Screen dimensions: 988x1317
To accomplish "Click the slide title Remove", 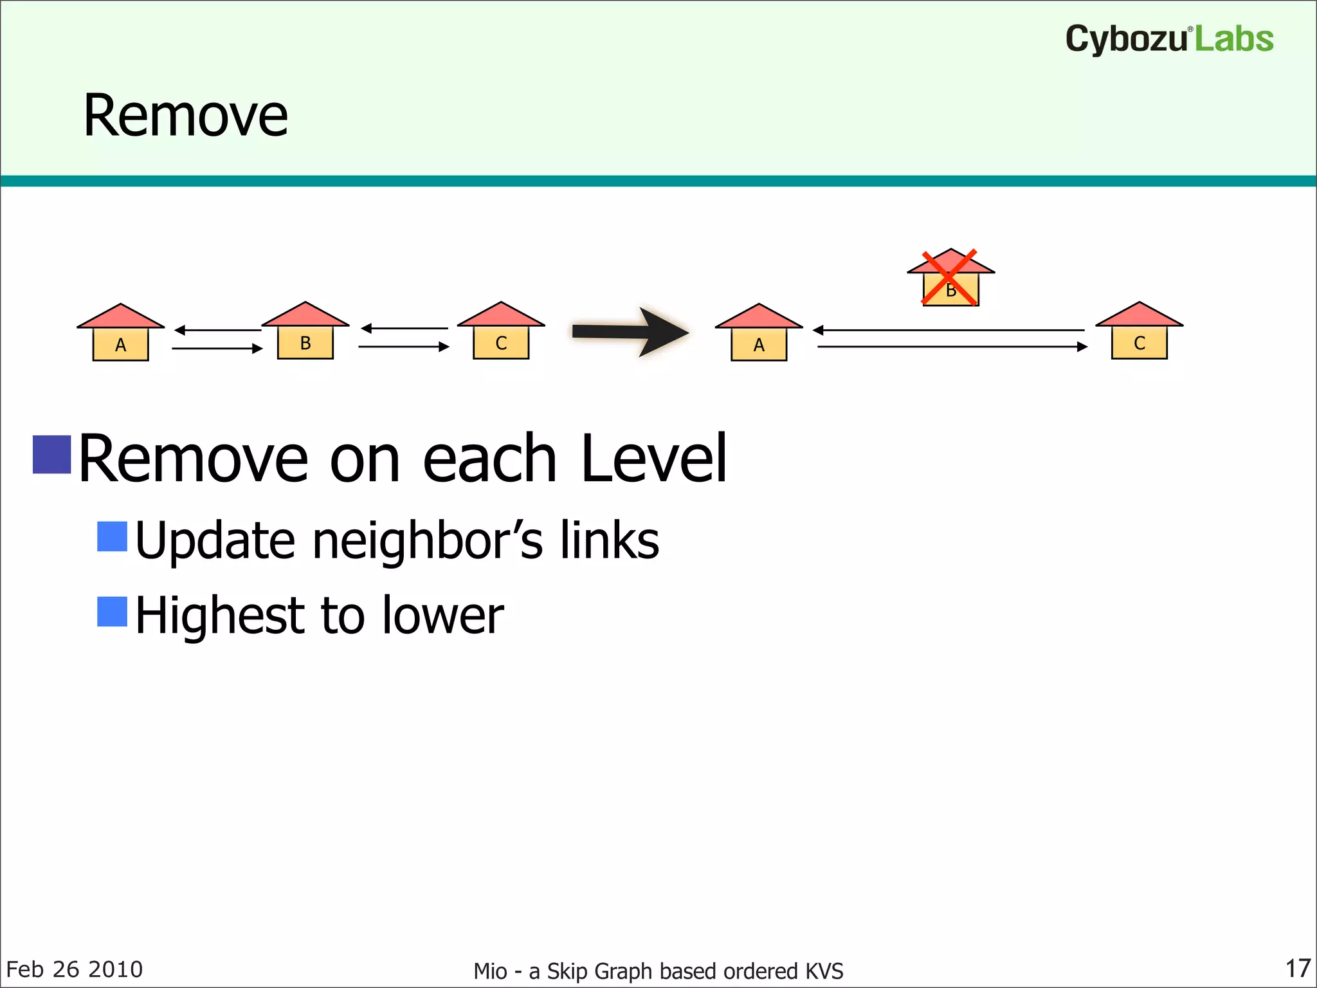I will pos(185,116).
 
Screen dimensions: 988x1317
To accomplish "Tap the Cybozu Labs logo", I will pos(1169,39).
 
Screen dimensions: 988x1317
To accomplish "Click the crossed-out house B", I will pos(950,279).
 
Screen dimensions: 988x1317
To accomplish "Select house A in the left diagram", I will pos(120,333).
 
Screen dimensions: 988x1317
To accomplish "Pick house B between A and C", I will pos(305,331).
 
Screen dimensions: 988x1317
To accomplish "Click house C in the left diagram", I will pos(501,331).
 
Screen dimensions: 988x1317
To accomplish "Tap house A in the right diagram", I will pos(759,333).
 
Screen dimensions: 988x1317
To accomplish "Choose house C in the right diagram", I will pos(1139,331).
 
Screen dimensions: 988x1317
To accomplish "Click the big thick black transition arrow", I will pos(630,332).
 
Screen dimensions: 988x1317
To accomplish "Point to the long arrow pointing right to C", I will pos(952,347).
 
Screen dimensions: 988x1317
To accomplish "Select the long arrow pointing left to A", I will pos(949,330).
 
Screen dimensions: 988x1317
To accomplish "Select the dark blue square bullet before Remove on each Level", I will pos(51,455).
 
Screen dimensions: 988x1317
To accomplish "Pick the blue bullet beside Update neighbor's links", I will pos(112,536).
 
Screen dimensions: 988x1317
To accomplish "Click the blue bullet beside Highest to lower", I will pos(112,611).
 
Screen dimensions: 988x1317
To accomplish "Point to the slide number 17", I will pos(1298,968).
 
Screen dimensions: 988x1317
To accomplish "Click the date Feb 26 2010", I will pos(75,969).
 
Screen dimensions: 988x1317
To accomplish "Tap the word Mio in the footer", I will pos(490,971).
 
